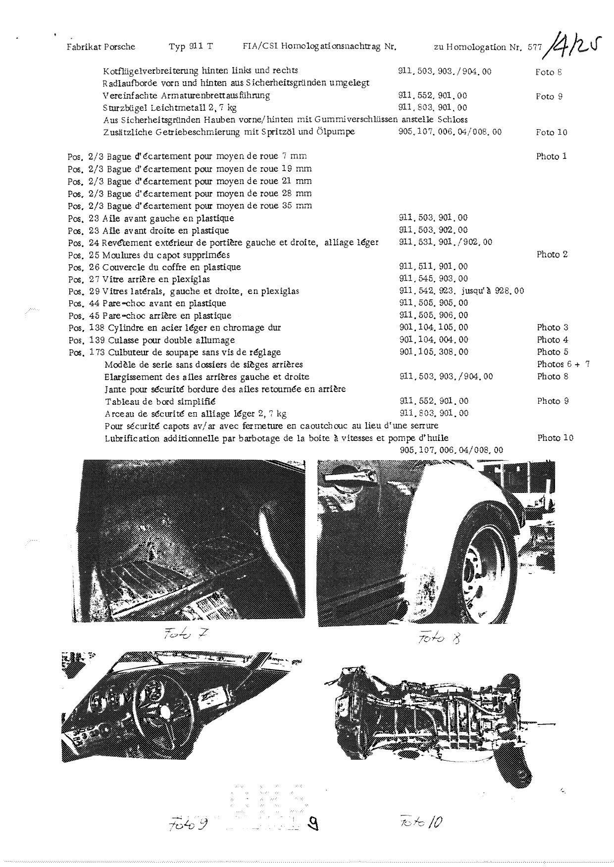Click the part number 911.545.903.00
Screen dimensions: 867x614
pyautogui.click(x=433, y=279)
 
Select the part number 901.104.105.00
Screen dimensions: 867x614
pyautogui.click(x=433, y=328)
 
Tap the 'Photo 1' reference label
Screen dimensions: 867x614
pyautogui.click(x=551, y=156)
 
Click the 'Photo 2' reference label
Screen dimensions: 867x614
pyautogui.click(x=552, y=255)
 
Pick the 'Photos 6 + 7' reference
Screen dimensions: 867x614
pyautogui.click(x=563, y=364)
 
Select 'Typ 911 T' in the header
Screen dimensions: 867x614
pyautogui.click(x=191, y=47)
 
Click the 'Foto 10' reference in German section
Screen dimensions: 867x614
pyautogui.click(x=551, y=132)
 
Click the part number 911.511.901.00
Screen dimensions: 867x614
pyautogui.click(x=433, y=267)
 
